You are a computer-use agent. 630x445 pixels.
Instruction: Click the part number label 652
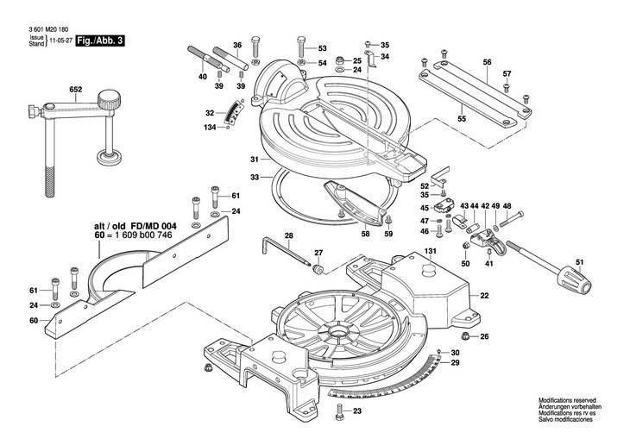pyautogui.click(x=76, y=89)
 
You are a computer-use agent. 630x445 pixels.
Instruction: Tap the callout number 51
pyautogui.click(x=579, y=263)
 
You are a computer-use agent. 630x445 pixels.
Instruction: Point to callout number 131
pyautogui.click(x=430, y=253)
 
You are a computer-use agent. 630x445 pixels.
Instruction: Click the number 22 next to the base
pyautogui.click(x=484, y=296)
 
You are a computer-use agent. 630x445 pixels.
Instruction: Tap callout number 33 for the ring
pyautogui.click(x=255, y=178)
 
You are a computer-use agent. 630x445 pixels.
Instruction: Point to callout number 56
pyautogui.click(x=487, y=62)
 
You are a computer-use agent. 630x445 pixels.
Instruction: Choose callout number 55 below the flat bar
pyautogui.click(x=462, y=118)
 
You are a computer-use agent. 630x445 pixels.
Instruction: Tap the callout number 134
pyautogui.click(x=210, y=128)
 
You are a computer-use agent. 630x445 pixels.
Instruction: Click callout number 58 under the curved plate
pyautogui.click(x=365, y=234)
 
